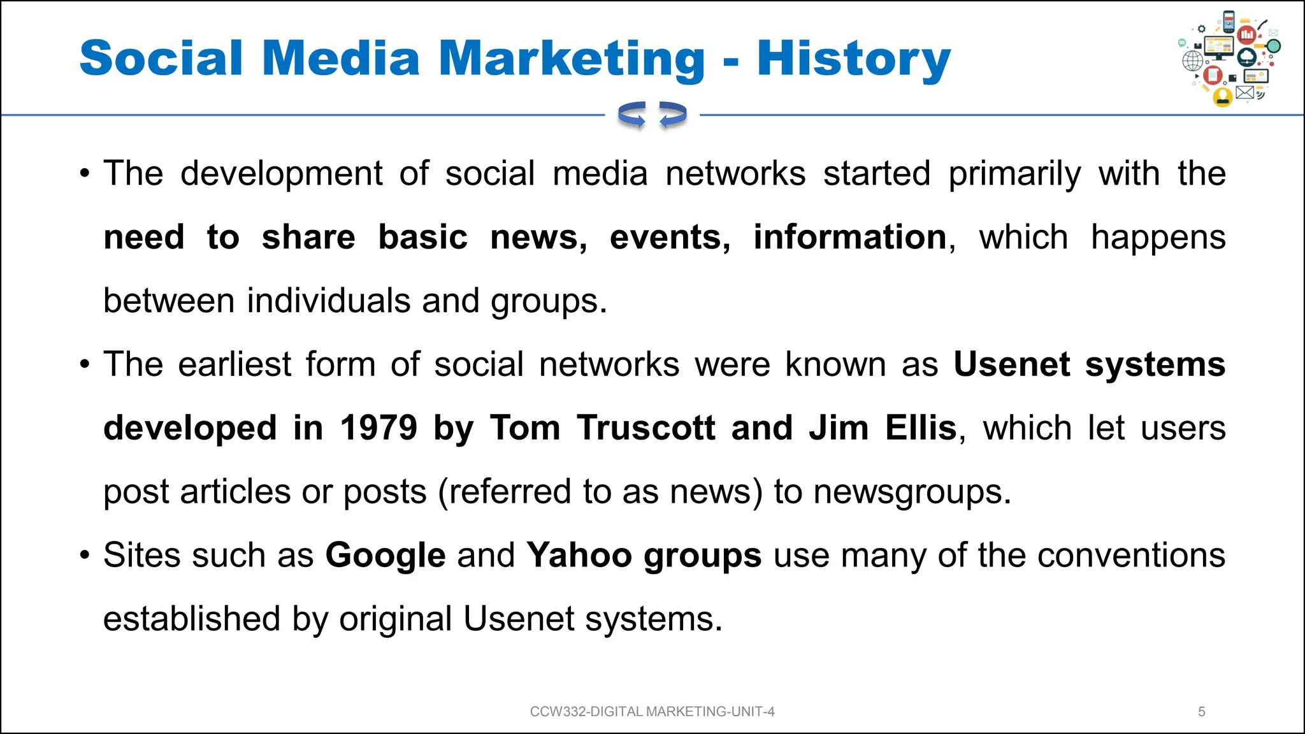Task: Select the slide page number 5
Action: [1202, 712]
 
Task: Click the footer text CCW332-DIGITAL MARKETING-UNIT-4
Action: [652, 712]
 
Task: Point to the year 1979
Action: [379, 428]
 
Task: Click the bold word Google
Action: [386, 555]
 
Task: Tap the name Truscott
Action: [646, 428]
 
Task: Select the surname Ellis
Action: [921, 428]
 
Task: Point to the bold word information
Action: [850, 237]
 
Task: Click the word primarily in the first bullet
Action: [1014, 173]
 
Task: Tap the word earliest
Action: [234, 364]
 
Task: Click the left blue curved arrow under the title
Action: [632, 115]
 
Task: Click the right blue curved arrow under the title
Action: [672, 115]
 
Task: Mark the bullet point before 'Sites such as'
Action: [85, 555]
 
